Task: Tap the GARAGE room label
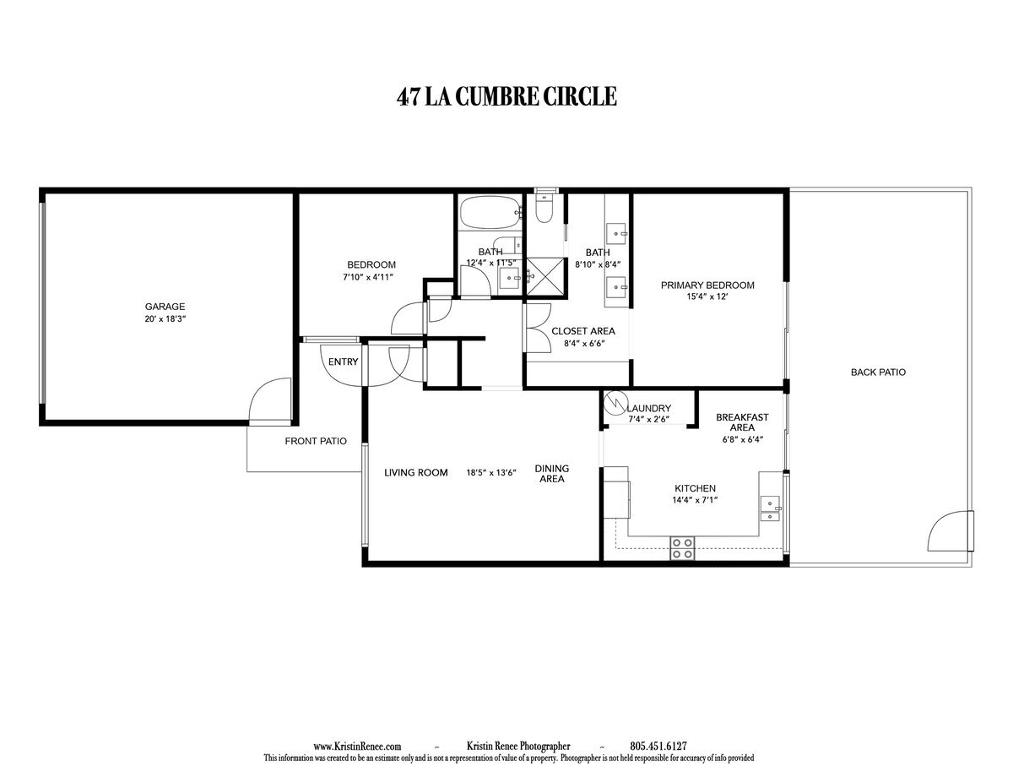click(x=165, y=307)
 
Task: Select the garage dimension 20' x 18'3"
click(x=165, y=319)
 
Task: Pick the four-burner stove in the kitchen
click(x=682, y=548)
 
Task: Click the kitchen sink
click(x=771, y=504)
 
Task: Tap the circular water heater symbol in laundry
click(x=618, y=402)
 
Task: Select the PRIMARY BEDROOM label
click(x=707, y=285)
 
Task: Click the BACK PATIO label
click(x=878, y=372)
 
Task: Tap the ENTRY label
click(x=344, y=362)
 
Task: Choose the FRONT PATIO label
click(x=316, y=441)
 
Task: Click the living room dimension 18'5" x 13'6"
click(x=492, y=473)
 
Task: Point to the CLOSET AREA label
click(x=582, y=331)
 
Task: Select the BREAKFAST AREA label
click(x=741, y=422)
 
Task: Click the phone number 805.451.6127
click(x=658, y=747)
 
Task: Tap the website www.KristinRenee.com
click(x=357, y=747)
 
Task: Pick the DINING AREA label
click(x=551, y=474)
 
